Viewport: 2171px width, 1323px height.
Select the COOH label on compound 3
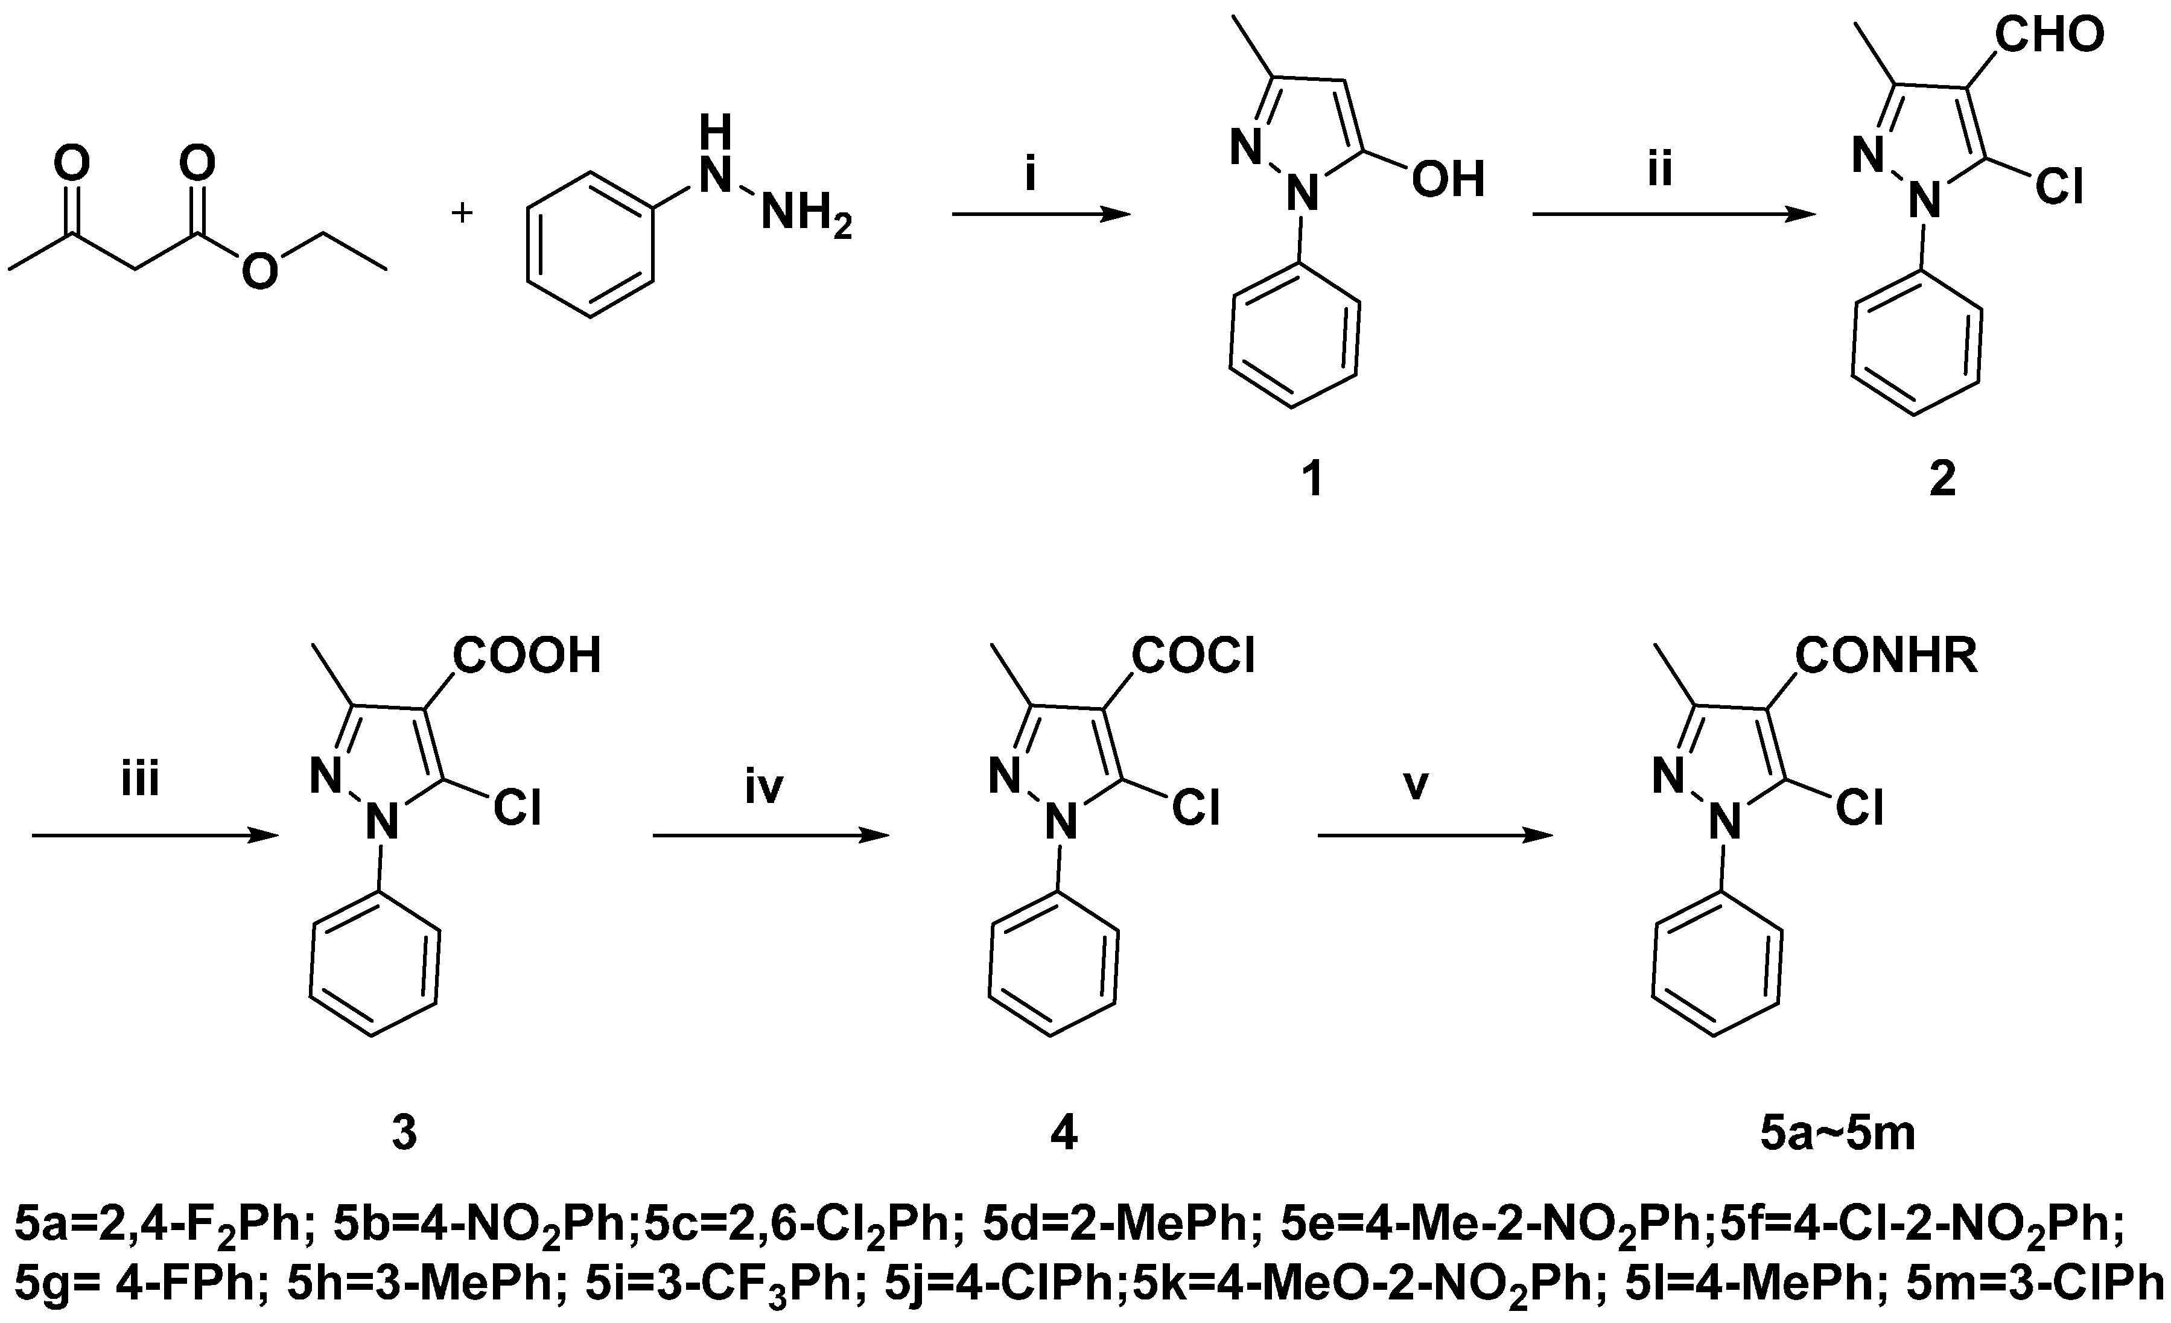tap(526, 656)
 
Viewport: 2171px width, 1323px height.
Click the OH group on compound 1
tap(1448, 179)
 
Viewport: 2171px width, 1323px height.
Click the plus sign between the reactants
tap(462, 212)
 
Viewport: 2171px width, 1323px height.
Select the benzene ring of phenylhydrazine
tap(590, 244)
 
